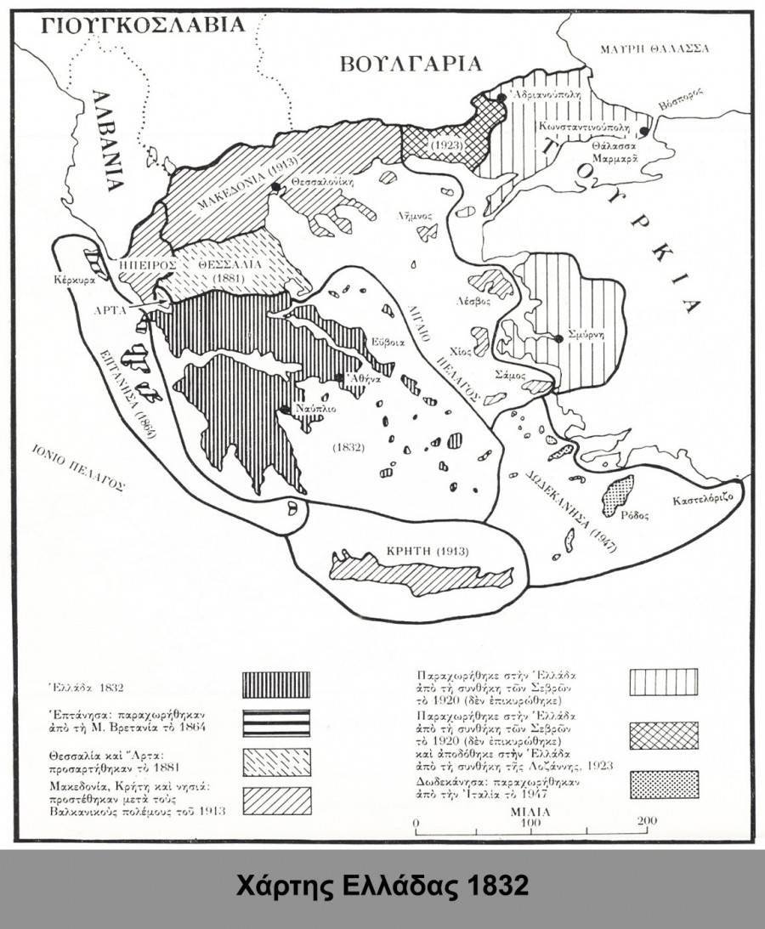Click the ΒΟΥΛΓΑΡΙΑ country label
click(x=410, y=64)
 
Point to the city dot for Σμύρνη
click(x=559, y=338)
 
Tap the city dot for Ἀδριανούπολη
click(x=502, y=99)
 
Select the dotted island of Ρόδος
click(x=618, y=492)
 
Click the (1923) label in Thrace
click(x=445, y=145)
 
